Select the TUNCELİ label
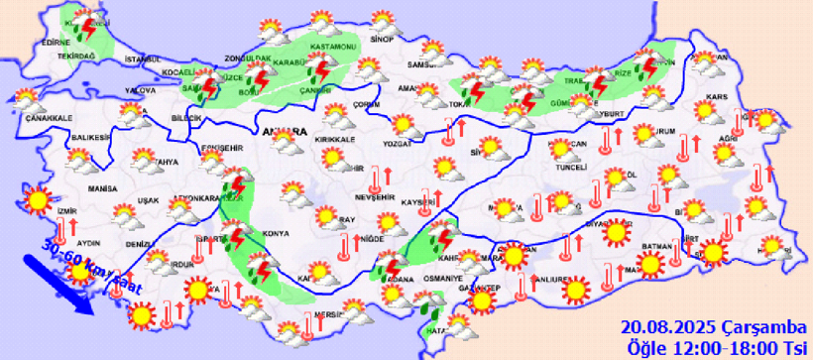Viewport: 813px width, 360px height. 572,168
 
